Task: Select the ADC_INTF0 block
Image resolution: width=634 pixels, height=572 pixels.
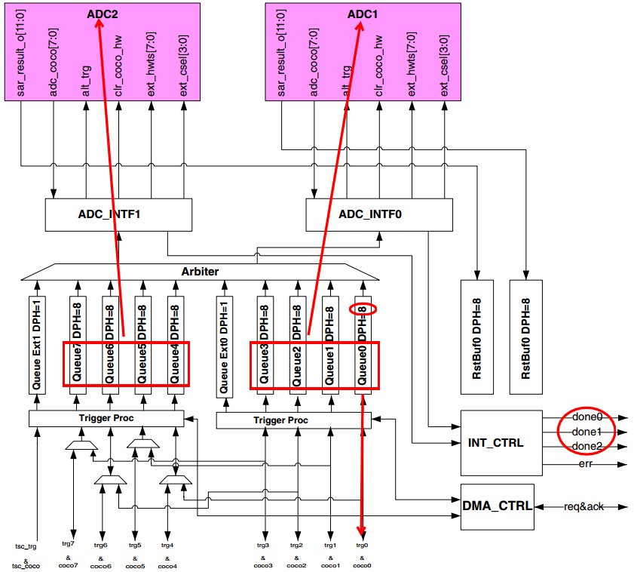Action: (x=378, y=214)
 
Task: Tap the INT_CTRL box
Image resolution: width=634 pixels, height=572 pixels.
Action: (x=501, y=443)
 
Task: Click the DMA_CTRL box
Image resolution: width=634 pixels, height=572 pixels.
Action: (x=497, y=506)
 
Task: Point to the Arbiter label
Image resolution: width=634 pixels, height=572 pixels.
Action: (x=200, y=271)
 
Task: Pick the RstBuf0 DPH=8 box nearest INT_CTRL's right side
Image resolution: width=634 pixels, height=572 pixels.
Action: (x=525, y=336)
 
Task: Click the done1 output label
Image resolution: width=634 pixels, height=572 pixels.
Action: (x=587, y=432)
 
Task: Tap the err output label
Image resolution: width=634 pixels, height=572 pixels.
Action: (x=585, y=463)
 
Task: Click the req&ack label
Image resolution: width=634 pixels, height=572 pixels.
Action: (x=583, y=506)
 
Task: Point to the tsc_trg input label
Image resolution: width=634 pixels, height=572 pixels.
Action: (x=26, y=545)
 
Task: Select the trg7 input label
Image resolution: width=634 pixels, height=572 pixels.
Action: (x=69, y=545)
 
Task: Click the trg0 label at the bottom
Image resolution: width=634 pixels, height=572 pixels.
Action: (x=362, y=545)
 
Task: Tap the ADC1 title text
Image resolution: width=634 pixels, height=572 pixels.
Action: (x=360, y=13)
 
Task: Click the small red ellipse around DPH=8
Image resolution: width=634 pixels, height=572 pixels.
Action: (x=363, y=308)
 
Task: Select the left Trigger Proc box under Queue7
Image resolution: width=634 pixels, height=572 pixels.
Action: (x=106, y=418)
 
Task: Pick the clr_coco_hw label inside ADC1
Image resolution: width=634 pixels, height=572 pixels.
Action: (x=380, y=68)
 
